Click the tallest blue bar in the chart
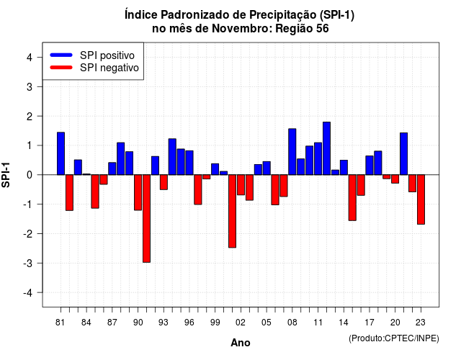[326, 148]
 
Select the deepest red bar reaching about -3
[146, 219]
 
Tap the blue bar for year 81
[61, 153]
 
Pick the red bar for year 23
[421, 199]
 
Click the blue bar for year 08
[292, 152]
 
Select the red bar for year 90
[138, 192]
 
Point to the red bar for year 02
[241, 185]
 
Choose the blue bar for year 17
[370, 166]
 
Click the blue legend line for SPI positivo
[61, 55]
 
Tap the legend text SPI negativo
[109, 68]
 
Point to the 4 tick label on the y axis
[30, 58]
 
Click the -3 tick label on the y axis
[27, 264]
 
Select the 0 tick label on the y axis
[30, 175]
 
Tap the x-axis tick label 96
[189, 323]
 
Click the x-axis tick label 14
[344, 323]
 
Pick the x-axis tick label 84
[86, 323]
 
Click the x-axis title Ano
[241, 343]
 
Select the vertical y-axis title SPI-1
[6, 175]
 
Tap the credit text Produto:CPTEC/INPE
[394, 338]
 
